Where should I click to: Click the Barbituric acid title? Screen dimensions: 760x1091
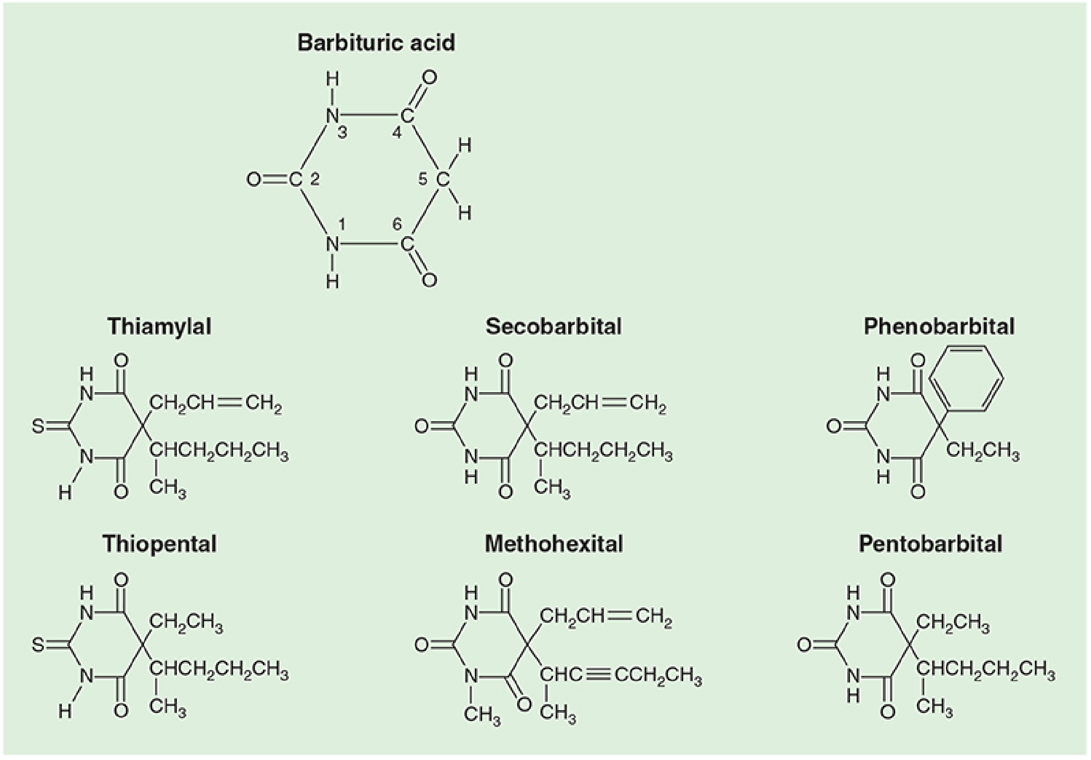tap(376, 43)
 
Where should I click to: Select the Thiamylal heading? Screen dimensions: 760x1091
tap(159, 327)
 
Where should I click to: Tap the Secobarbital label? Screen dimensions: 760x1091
tap(553, 327)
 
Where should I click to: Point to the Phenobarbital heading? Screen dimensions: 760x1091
tap(939, 327)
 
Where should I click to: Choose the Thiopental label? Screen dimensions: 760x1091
tap(159, 544)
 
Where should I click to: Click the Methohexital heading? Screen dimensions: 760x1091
tap(554, 544)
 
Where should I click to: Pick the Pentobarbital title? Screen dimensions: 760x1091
tap(930, 544)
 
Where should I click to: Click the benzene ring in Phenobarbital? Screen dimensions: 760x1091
tap(966, 378)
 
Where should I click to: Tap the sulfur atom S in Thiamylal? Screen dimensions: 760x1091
tap(38, 426)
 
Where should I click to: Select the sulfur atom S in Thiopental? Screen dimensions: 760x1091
tap(38, 645)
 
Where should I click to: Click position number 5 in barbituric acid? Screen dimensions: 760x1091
tap(423, 179)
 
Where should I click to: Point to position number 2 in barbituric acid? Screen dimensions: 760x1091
tap(315, 179)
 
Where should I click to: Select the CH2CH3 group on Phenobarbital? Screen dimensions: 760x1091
tap(983, 451)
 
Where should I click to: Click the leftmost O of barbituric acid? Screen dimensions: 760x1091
tap(254, 180)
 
